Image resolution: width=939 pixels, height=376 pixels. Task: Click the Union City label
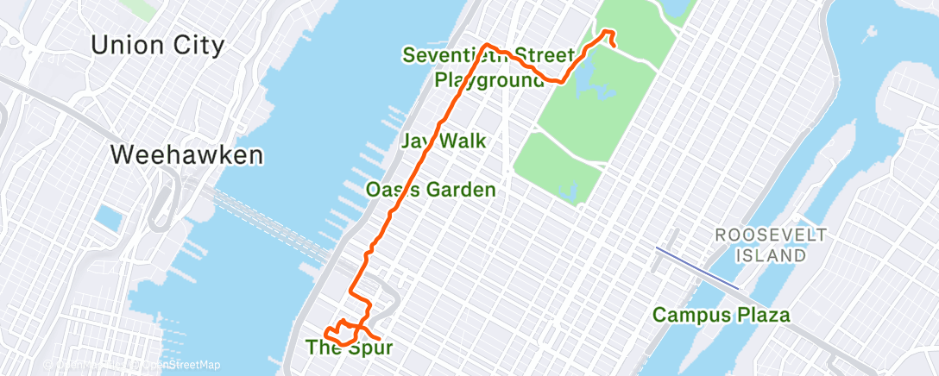(x=157, y=45)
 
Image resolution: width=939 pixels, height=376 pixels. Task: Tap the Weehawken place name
(x=187, y=155)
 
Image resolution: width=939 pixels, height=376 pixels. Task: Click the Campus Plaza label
(x=721, y=315)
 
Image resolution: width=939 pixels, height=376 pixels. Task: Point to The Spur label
(x=350, y=348)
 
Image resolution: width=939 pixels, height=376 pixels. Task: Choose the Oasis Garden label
(x=430, y=190)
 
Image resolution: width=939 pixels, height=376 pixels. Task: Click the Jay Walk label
(x=443, y=141)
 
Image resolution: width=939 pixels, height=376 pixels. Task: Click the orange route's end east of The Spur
(x=378, y=337)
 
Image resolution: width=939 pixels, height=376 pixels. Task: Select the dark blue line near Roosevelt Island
(x=696, y=267)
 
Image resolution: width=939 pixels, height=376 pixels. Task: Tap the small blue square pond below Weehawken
(x=108, y=219)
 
